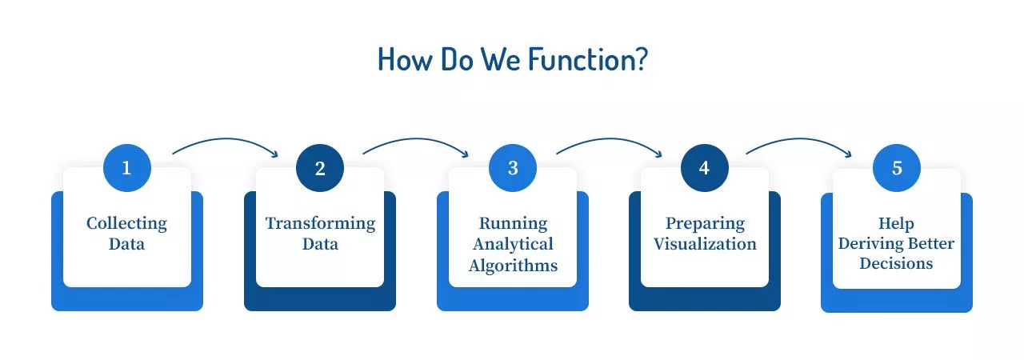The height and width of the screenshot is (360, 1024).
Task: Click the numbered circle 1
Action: (126, 168)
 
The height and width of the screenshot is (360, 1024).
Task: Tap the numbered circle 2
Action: (320, 168)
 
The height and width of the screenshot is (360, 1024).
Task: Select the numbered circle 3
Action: (513, 168)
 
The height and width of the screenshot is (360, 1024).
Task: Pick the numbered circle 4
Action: (705, 168)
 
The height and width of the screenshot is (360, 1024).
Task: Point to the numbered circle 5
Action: (897, 168)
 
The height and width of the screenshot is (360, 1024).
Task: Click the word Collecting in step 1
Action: (126, 223)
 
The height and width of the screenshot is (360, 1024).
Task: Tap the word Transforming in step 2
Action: (320, 223)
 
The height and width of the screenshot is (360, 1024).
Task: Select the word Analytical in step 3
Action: (513, 244)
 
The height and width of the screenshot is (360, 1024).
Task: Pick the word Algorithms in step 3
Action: (513, 266)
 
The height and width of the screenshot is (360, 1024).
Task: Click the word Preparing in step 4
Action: (705, 223)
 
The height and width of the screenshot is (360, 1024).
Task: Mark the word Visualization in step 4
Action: (705, 244)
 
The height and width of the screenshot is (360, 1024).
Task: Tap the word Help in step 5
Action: (896, 223)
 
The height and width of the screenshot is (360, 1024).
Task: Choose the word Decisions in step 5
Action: (896, 262)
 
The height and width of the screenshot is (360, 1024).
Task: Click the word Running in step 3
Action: (513, 223)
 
